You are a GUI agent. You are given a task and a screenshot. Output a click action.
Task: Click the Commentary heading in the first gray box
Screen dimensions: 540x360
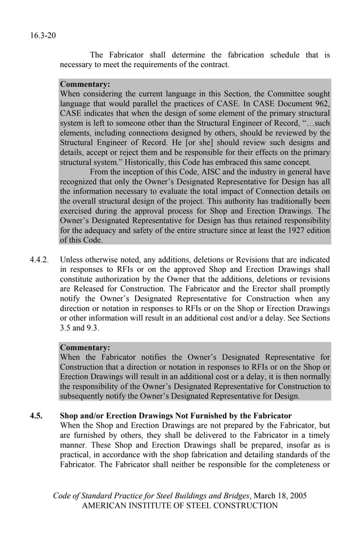pyautogui.click(x=85, y=84)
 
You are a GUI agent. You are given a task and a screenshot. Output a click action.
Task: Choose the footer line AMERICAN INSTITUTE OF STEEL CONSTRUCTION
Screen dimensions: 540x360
pyautogui.click(x=180, y=506)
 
